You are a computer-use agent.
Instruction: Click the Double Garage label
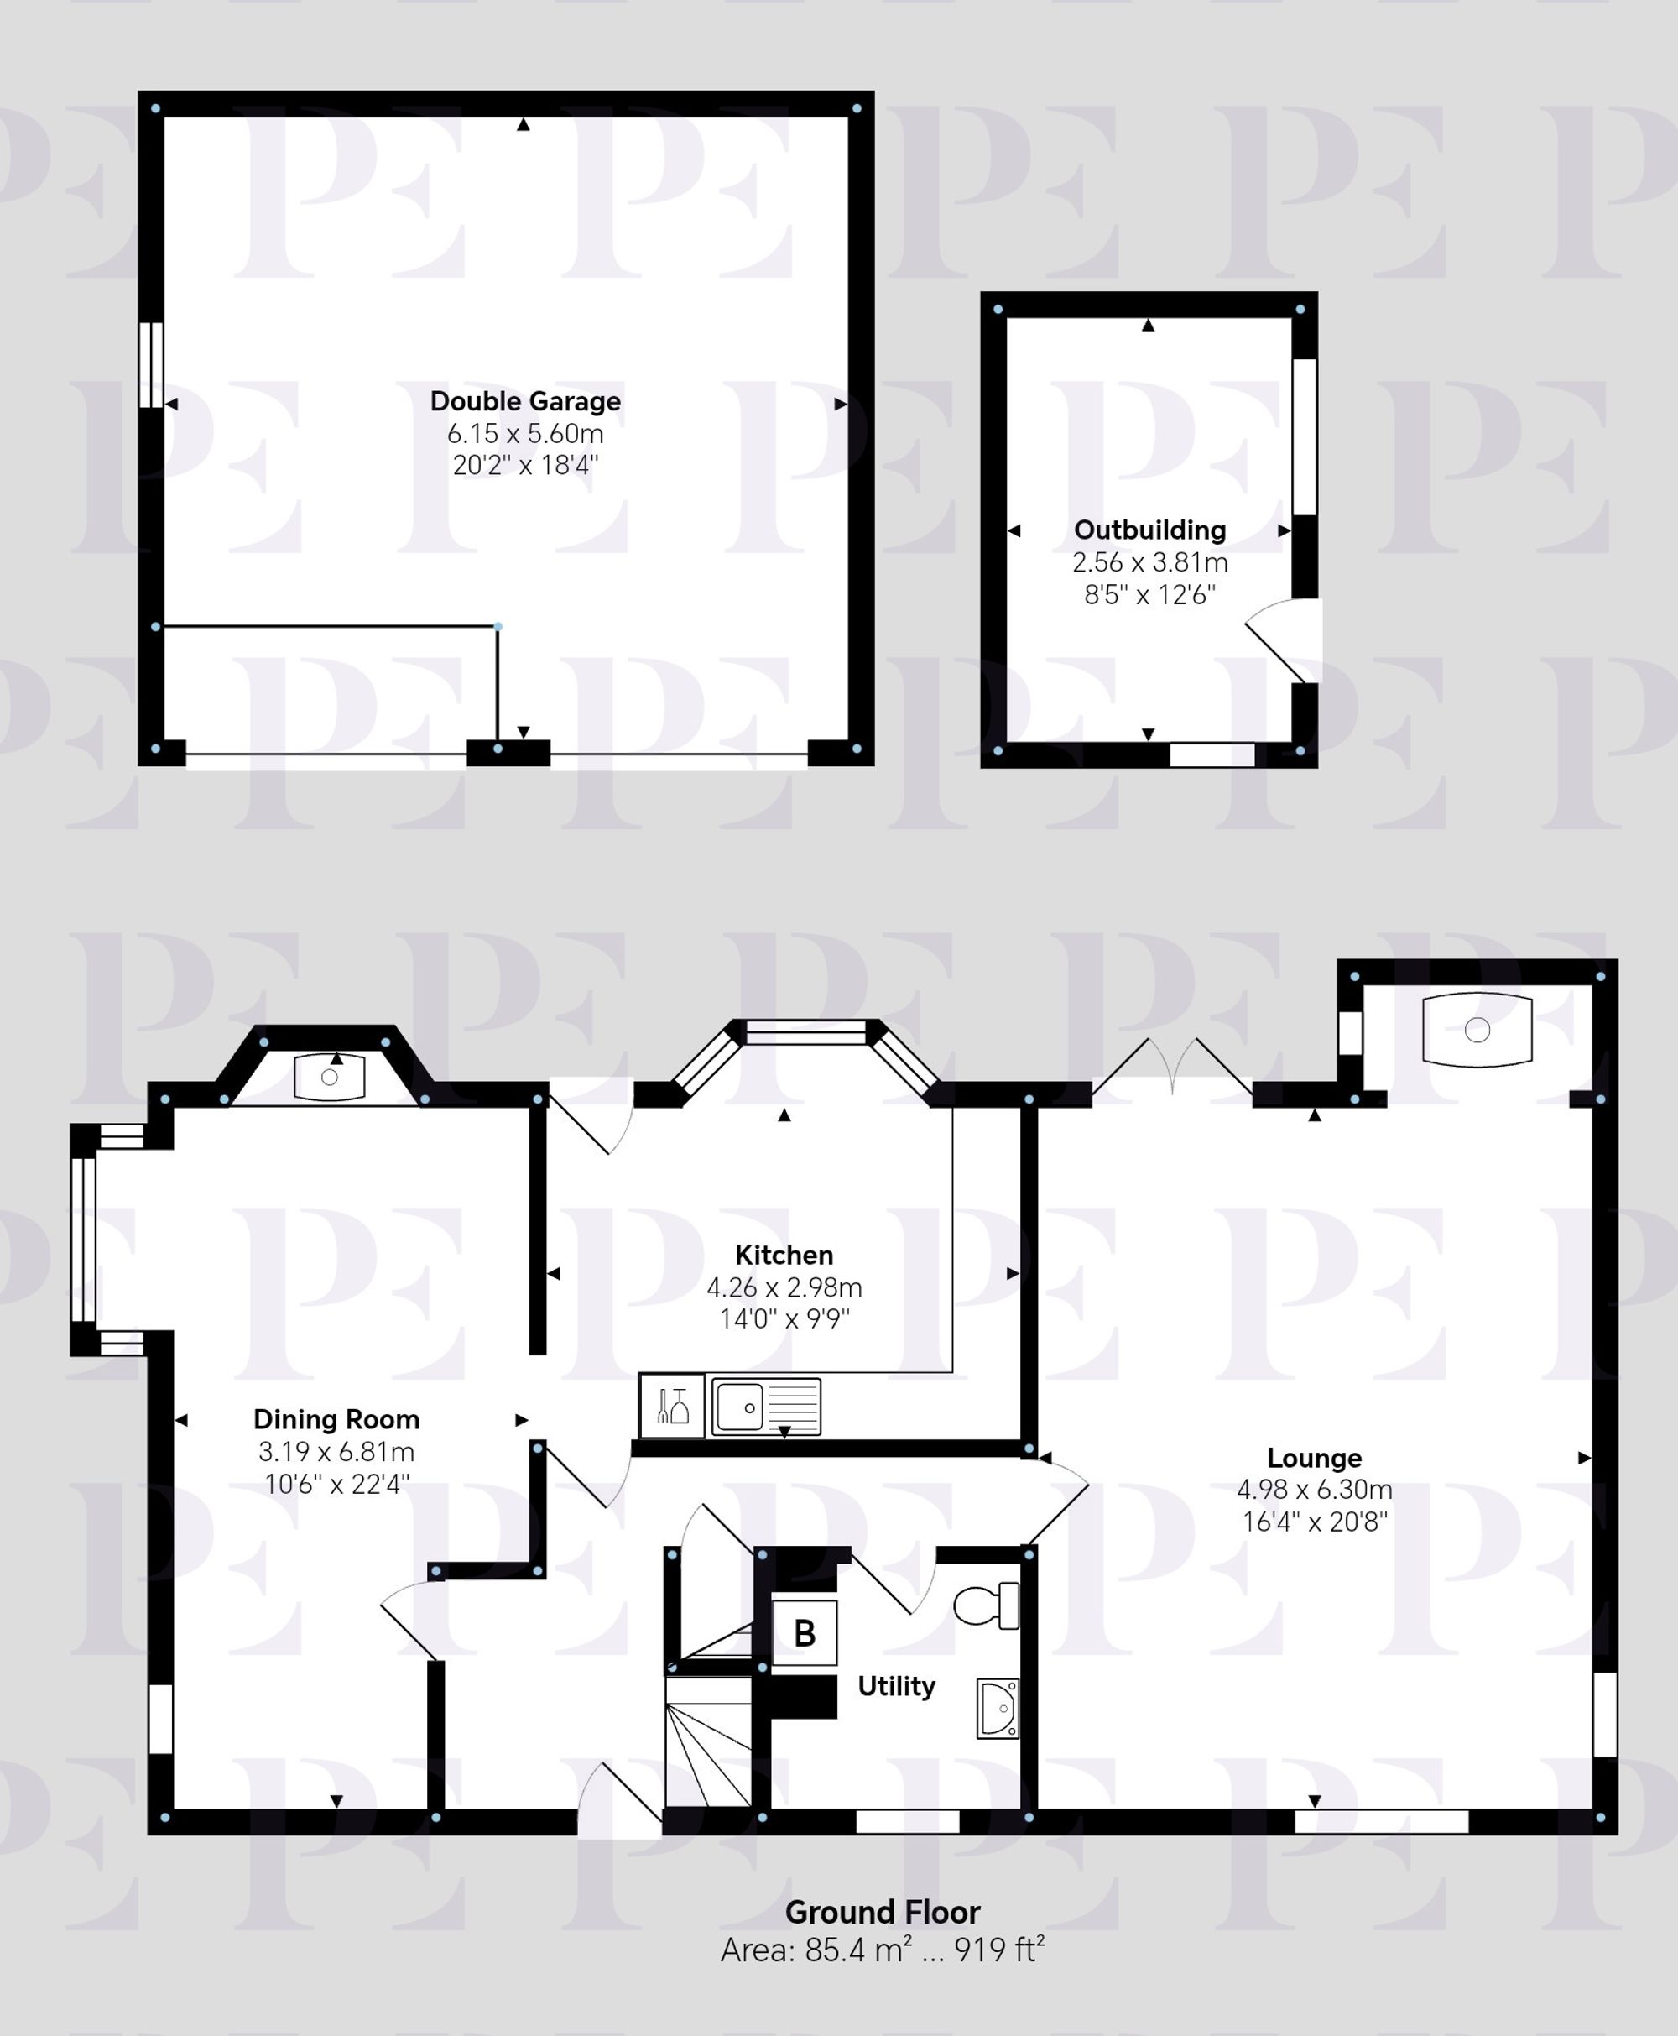coord(525,401)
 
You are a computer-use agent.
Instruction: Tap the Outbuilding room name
coord(1149,530)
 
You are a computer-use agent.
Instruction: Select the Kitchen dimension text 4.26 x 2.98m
coord(783,1287)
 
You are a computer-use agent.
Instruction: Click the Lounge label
coord(1314,1457)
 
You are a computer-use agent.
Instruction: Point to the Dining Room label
coord(336,1419)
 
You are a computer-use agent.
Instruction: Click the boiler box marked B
coord(805,1633)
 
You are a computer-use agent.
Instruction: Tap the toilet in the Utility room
coord(987,1605)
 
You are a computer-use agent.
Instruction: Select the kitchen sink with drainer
coord(765,1406)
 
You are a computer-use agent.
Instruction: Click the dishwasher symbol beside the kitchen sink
coord(672,1406)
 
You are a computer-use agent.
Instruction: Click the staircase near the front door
coord(708,1755)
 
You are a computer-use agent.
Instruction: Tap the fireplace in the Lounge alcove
coord(1477,1030)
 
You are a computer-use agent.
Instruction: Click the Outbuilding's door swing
coord(1280,642)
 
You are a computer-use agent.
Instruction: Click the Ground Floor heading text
coord(882,1913)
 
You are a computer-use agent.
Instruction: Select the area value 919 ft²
coord(999,1950)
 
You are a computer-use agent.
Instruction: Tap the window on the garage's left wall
coord(151,365)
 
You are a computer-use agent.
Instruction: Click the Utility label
coord(896,1686)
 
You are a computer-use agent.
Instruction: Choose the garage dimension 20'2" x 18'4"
coord(525,465)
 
